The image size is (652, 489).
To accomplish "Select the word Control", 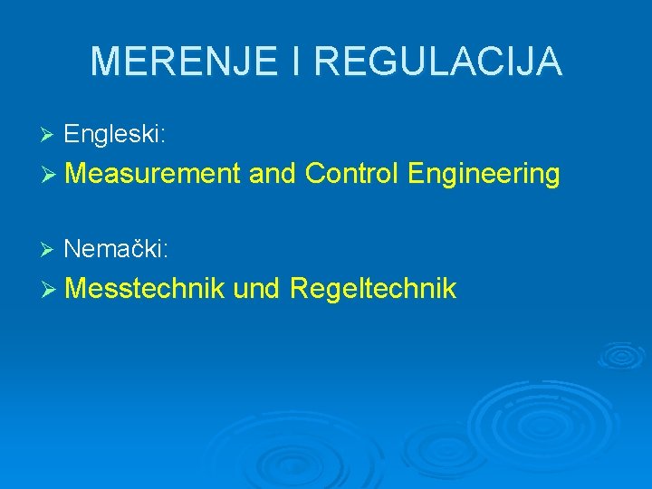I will tap(352, 173).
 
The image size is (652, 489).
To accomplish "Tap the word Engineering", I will tap(484, 174).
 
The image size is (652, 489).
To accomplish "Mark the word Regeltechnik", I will tap(373, 290).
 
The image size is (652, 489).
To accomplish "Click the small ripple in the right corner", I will tap(623, 355).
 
